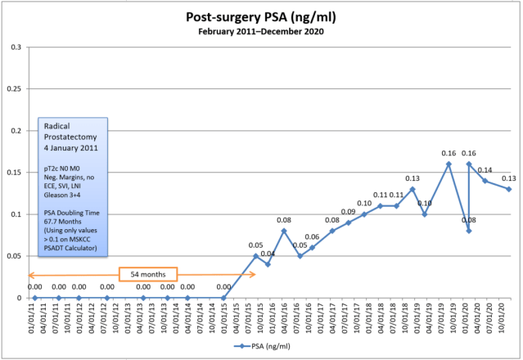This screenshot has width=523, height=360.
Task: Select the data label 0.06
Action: click(x=312, y=236)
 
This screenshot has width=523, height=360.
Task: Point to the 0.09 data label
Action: click(x=348, y=212)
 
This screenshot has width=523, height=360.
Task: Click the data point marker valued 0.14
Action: click(x=485, y=181)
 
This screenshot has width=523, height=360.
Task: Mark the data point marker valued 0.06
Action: click(x=312, y=247)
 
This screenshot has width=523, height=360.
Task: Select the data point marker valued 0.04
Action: click(x=268, y=264)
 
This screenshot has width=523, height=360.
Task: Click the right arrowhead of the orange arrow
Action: click(x=253, y=274)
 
